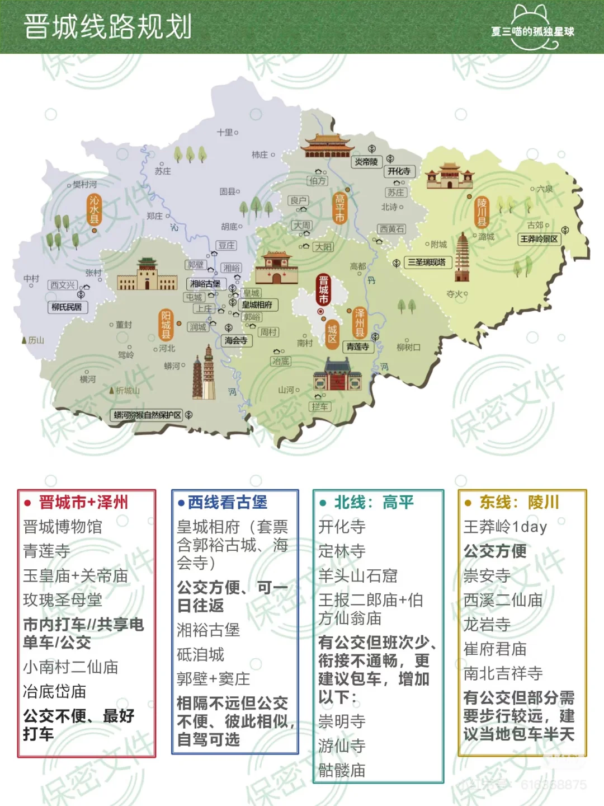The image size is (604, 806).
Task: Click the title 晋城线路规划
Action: (108, 27)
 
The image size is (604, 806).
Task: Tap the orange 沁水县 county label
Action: (95, 210)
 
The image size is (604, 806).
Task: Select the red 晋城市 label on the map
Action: (323, 290)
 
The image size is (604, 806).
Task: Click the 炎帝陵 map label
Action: (366, 162)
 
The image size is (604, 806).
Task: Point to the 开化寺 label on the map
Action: (399, 171)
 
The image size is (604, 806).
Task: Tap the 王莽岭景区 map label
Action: (539, 239)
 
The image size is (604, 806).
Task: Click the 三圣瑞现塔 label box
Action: (427, 262)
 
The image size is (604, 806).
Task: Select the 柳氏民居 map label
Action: (67, 307)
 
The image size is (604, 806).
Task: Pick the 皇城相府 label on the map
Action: (257, 305)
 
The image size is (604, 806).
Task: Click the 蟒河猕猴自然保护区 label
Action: (148, 415)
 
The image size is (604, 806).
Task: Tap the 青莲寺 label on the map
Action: (357, 346)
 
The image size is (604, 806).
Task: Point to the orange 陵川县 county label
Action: (482, 212)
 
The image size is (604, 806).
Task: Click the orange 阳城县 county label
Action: (166, 325)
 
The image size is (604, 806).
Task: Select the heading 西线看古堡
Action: (227, 502)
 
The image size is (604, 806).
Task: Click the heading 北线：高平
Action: (374, 502)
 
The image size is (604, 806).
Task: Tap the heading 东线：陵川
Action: (518, 502)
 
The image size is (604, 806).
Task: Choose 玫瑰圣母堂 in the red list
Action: (63, 600)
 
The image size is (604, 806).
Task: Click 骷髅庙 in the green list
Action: (342, 770)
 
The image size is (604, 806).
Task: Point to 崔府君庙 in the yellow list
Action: (495, 649)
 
